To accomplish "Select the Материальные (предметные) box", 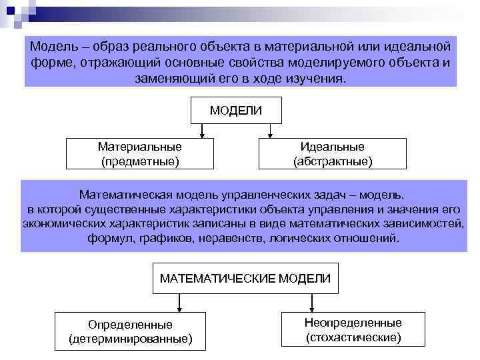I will [140, 154].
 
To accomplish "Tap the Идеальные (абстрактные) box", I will [333, 154].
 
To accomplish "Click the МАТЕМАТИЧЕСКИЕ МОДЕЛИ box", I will [245, 278].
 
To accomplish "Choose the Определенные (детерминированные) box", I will [130, 331].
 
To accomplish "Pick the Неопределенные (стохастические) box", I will [353, 330].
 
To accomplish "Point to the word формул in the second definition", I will [107, 237].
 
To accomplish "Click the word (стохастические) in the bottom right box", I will [353, 337].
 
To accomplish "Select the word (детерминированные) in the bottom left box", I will [130, 339].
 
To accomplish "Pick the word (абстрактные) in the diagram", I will [333, 161].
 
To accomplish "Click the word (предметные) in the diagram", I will [140, 161].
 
